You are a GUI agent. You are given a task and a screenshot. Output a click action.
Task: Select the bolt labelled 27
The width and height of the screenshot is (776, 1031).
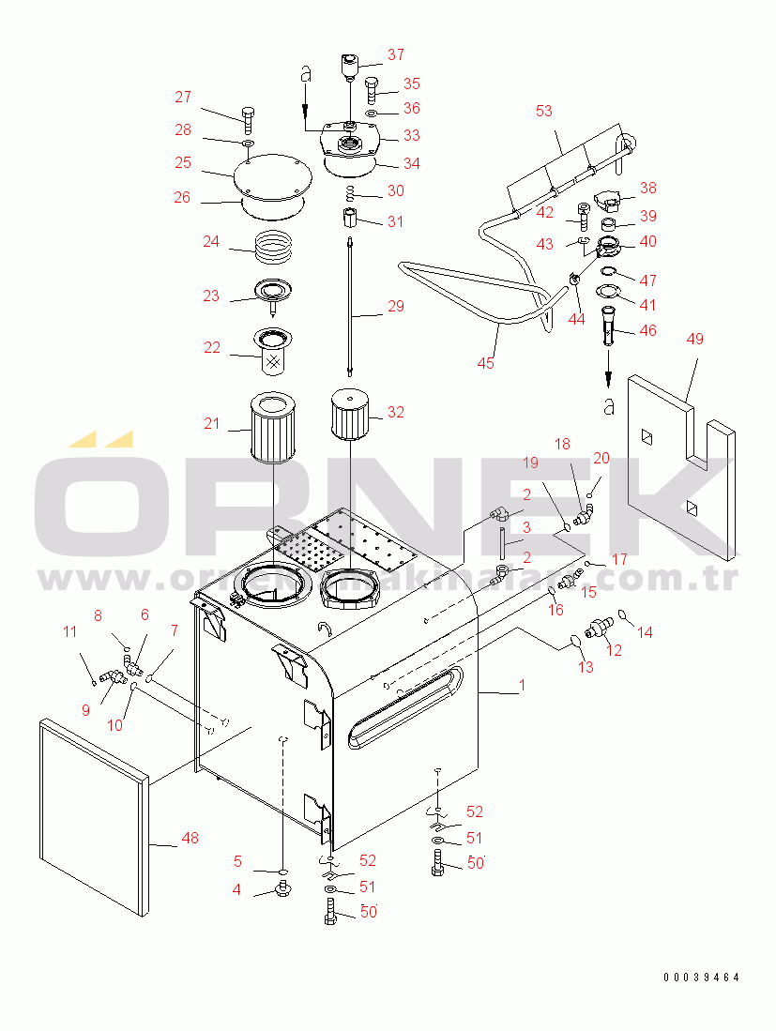[248, 118]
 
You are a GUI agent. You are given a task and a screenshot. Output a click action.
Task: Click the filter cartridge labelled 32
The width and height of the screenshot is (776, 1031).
[348, 414]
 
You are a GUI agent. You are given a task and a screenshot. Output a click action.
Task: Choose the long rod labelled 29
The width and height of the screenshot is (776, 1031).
[350, 305]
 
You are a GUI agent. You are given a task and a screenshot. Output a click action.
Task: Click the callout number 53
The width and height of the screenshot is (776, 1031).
[544, 112]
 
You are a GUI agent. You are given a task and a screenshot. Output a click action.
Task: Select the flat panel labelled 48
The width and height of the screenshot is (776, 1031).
[92, 816]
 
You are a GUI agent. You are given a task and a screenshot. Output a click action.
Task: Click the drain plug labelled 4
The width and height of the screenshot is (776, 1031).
[281, 888]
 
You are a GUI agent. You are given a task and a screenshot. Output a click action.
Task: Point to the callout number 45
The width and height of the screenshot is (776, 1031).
[485, 362]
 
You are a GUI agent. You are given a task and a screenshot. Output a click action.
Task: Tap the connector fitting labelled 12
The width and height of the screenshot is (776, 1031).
[597, 624]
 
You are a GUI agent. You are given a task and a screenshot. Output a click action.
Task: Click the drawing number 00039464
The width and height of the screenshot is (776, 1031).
[701, 978]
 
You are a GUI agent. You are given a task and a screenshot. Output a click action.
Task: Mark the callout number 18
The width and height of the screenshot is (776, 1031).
[561, 443]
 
